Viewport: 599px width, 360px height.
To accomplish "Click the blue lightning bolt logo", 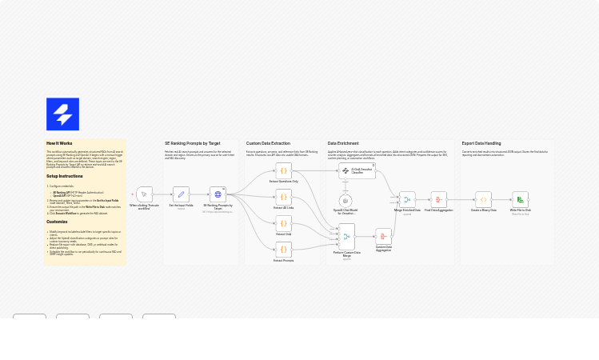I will pyautogui.click(x=62, y=114).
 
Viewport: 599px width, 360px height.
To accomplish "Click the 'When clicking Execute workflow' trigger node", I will pyautogui.click(x=144, y=194).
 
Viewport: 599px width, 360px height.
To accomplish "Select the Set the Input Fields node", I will pyautogui.click(x=182, y=194).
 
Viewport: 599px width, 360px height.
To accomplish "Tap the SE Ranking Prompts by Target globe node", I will pyautogui.click(x=218, y=194).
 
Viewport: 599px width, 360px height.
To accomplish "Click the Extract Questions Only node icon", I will pyautogui.click(x=283, y=170).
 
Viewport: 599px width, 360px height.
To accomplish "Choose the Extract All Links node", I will pyautogui.click(x=283, y=197).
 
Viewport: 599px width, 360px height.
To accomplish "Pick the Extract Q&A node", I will pyautogui.click(x=283, y=223).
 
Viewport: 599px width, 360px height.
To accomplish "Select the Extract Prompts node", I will pyautogui.click(x=283, y=249).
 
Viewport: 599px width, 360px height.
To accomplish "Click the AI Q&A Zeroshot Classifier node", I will pyautogui.click(x=357, y=170).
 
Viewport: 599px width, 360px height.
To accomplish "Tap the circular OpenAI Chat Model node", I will pyautogui.click(x=345, y=201).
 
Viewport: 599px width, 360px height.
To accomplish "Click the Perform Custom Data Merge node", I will pyautogui.click(x=346, y=236).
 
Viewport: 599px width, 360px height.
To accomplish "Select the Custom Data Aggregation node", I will pyautogui.click(x=383, y=236).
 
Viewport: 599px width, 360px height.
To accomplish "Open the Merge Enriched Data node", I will pyautogui.click(x=407, y=199).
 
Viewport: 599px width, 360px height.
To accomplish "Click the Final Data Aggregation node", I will pyautogui.click(x=438, y=199).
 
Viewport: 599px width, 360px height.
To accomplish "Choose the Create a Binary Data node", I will pyautogui.click(x=483, y=199).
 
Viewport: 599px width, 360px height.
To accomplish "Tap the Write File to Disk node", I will pyautogui.click(x=521, y=199).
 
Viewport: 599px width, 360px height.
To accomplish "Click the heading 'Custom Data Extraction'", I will pyautogui.click(x=268, y=143).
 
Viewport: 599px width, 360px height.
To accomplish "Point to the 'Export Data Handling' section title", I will pyautogui.click(x=481, y=143).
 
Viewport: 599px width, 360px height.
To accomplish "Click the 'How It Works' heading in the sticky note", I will pyautogui.click(x=59, y=143).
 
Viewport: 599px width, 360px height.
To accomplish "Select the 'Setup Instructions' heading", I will pyautogui.click(x=64, y=176).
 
